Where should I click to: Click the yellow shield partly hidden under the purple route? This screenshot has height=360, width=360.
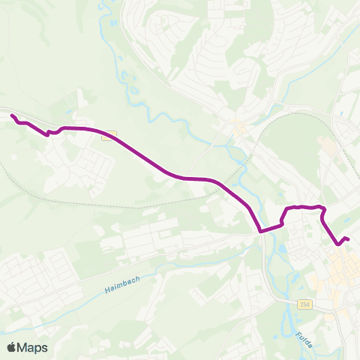click(x=109, y=135)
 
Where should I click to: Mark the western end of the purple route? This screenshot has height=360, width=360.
click(x=12, y=115)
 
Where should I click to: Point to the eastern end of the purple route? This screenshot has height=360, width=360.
click(x=348, y=238)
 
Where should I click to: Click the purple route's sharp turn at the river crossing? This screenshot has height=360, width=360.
click(x=260, y=230)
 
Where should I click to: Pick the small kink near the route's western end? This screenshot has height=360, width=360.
click(x=49, y=133)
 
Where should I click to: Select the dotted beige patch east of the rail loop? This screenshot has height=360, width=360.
click(x=327, y=143)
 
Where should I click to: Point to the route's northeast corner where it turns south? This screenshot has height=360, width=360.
click(x=322, y=208)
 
